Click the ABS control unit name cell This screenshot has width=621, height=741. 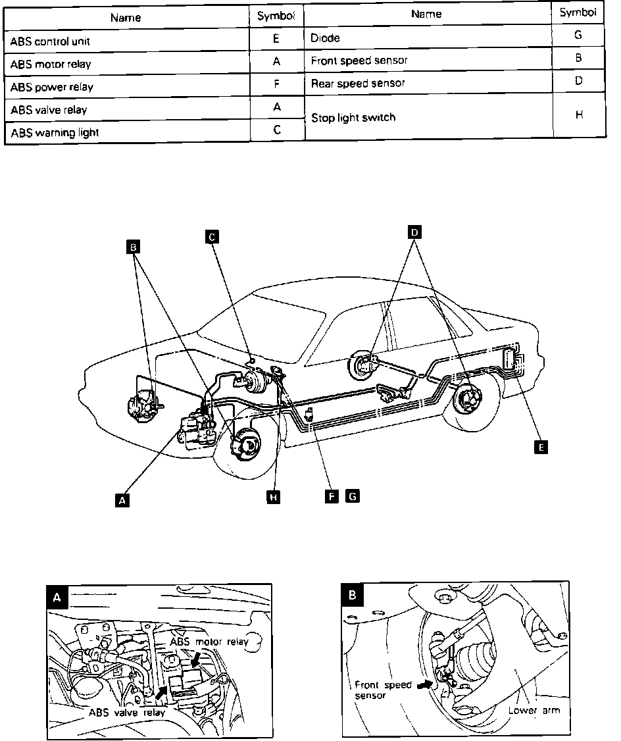coord(129,41)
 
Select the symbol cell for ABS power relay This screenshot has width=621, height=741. coord(277,86)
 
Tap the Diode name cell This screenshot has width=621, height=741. coord(428,38)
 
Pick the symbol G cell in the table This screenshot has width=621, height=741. coord(578,36)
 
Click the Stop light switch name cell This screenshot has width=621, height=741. coord(428,117)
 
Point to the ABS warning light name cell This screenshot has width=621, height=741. coord(129,132)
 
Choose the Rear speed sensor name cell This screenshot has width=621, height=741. coord(428,83)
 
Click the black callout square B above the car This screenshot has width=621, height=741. coord(134,247)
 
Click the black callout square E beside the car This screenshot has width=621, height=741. coord(541,447)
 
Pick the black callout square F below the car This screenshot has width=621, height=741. coord(334,496)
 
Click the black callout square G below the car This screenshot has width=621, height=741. coord(353,496)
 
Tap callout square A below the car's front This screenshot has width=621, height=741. coord(121,501)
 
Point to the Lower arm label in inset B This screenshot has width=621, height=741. coord(534,710)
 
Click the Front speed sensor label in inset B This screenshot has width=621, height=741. coord(383,690)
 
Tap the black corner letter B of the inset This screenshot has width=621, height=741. coord(353,596)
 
